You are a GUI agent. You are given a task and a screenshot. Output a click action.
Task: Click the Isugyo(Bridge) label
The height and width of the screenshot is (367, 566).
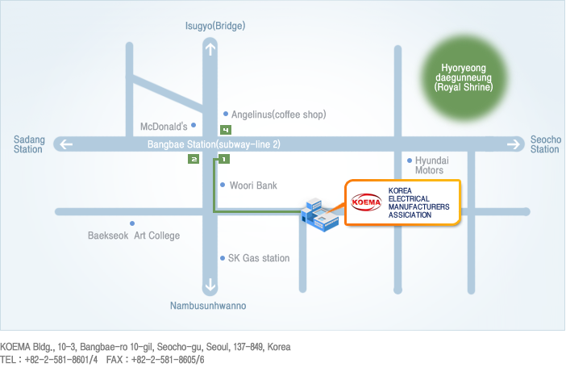click(x=215, y=26)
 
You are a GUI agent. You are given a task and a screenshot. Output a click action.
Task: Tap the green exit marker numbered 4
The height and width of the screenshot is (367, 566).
click(x=226, y=130)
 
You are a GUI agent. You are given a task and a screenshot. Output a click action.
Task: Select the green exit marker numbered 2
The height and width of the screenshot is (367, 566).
click(x=194, y=159)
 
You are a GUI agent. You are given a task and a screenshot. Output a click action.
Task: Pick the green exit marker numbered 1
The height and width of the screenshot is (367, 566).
click(x=224, y=159)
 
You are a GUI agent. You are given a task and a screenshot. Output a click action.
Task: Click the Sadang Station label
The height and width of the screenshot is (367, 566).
click(x=29, y=144)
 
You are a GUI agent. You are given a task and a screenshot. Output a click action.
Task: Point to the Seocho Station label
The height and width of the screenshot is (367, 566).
click(x=545, y=144)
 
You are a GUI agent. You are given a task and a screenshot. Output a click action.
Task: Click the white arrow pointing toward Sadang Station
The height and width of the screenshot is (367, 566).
click(x=66, y=144)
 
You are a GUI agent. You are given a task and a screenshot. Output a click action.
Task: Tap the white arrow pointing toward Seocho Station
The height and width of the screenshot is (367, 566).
click(x=514, y=144)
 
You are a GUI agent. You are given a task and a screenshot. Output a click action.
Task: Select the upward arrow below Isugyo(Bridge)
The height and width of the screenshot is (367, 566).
click(x=210, y=49)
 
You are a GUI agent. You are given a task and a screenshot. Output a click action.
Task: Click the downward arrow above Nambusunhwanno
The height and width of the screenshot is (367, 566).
click(x=210, y=285)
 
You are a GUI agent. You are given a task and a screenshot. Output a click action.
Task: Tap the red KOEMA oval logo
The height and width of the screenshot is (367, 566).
click(x=366, y=202)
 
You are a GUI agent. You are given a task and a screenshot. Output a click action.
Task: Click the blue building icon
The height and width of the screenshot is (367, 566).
click(x=319, y=215)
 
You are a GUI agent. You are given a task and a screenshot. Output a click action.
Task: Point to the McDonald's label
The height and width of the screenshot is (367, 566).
click(x=164, y=127)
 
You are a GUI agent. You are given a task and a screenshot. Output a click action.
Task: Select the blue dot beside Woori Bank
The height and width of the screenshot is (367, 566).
click(x=223, y=185)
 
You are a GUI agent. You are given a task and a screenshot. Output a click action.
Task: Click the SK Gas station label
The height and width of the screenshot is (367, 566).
click(x=259, y=258)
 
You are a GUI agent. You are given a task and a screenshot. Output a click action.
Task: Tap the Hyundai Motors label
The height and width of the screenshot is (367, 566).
click(x=431, y=165)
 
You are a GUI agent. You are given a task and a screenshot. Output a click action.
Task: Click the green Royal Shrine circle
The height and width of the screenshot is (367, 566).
click(x=464, y=77)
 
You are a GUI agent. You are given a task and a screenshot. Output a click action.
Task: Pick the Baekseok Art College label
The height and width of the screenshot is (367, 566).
click(x=134, y=236)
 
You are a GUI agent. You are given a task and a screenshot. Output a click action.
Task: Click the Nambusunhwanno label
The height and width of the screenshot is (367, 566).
click(x=208, y=306)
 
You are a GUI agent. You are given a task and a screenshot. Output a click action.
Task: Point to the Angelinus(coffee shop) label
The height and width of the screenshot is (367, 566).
click(x=279, y=115)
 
